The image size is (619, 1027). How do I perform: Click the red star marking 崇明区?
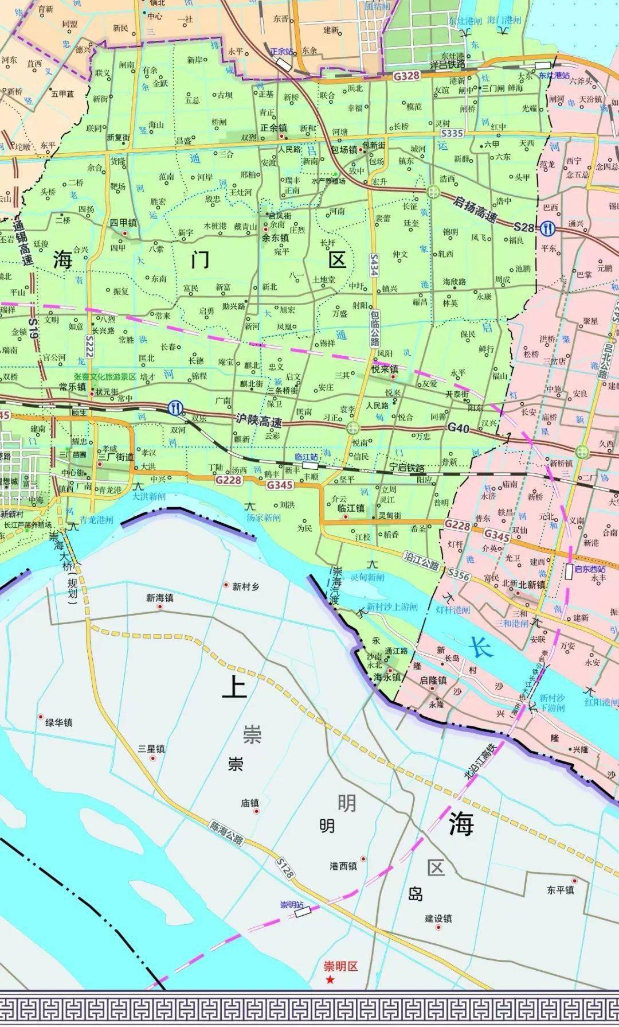(330, 981)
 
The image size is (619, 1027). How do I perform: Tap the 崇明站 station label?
(291, 905)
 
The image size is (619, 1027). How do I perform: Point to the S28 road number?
(524, 228)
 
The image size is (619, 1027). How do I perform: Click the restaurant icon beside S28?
(549, 228)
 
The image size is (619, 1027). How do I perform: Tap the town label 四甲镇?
(123, 223)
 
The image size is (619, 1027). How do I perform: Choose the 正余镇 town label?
(273, 129)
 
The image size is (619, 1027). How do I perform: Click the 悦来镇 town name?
(385, 370)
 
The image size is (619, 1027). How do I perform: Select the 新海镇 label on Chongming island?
(159, 598)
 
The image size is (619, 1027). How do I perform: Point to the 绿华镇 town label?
(59, 723)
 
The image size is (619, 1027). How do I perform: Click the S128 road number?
(285, 869)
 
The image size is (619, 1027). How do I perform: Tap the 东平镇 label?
(560, 890)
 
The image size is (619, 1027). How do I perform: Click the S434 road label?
(374, 265)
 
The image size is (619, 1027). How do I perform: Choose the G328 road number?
(407, 75)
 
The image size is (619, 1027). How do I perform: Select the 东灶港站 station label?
(553, 75)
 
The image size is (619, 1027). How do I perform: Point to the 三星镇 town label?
(151, 749)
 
